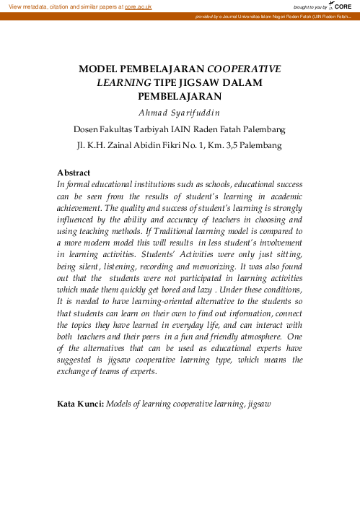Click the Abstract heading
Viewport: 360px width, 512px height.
click(74, 173)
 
